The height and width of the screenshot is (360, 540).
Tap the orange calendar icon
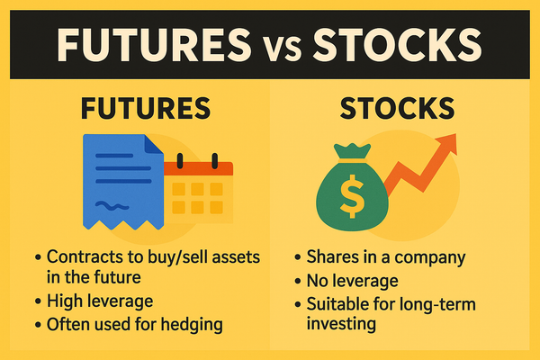coord(197,192)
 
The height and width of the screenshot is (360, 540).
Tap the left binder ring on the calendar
coord(180,161)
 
